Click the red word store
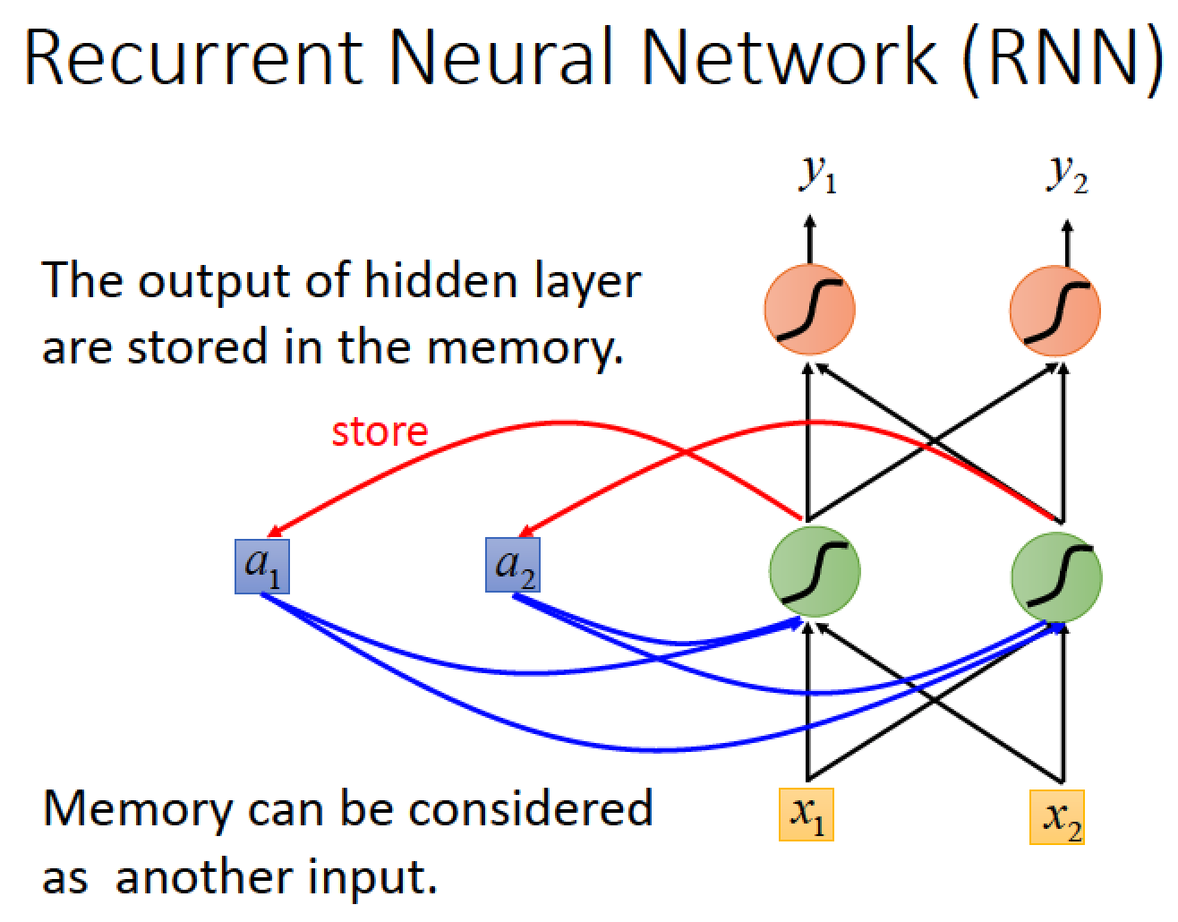click(380, 432)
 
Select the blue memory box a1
click(262, 566)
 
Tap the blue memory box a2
click(512, 565)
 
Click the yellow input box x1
click(807, 815)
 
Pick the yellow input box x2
click(1056, 817)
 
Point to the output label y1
click(818, 175)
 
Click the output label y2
click(1066, 175)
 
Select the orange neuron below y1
click(809, 310)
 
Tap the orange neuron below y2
click(1055, 311)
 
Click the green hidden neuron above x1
click(815, 571)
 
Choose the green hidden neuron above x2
click(1056, 577)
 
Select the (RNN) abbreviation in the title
click(1063, 61)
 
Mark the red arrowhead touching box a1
click(275, 531)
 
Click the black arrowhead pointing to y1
click(809, 221)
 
